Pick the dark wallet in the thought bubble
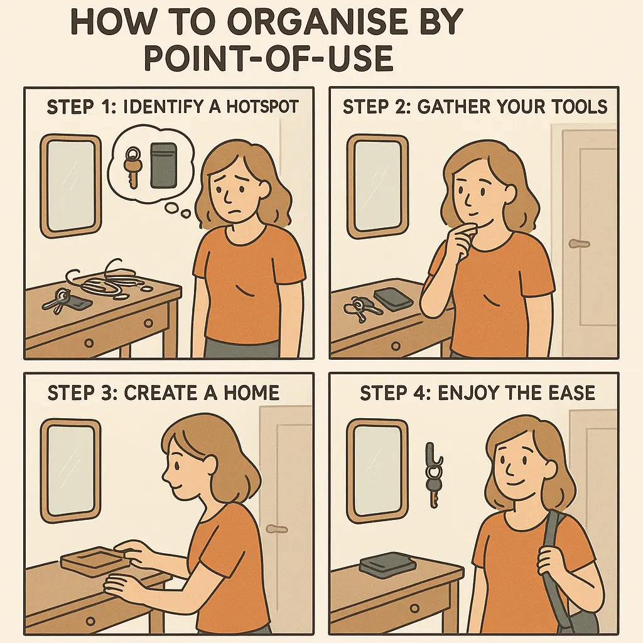pos(164,165)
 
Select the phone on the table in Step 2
pos(392,298)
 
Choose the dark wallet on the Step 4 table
pos(387,563)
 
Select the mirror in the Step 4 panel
pos(377,470)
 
